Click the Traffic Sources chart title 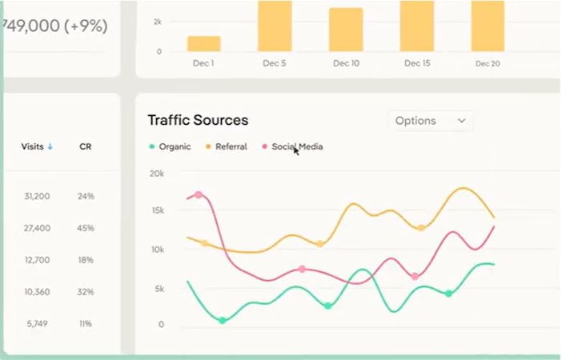198,120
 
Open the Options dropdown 430,121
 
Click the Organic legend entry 170,146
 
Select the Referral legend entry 227,146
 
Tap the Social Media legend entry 292,146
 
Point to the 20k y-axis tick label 156,174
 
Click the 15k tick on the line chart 157,211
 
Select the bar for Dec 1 203,44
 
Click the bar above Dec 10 346,30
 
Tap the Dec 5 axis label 274,63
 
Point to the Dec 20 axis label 488,63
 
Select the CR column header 86,146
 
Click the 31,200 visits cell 37,196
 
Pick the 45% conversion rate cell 86,228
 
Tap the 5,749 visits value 37,324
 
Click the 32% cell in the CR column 86,292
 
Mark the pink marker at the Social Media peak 198,194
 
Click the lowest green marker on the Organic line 223,320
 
